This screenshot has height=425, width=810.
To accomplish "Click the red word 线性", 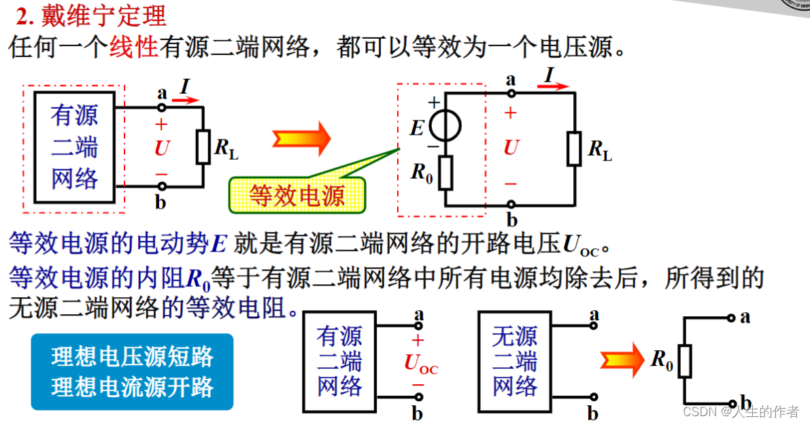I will tap(133, 48).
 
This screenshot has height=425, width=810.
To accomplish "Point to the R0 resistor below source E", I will tap(445, 172).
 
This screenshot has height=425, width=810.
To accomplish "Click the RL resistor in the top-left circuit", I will tap(203, 147).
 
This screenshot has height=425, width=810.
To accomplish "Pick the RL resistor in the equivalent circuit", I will tap(575, 149).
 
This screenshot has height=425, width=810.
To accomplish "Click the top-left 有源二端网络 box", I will tap(75, 147).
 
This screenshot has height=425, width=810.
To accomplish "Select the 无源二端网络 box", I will tap(515, 361).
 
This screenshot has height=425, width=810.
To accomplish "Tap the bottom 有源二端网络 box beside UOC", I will tap(339, 361).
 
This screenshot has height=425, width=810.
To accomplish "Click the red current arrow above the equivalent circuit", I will tap(558, 86).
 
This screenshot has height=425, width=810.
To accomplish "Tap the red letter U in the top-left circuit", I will tap(162, 148).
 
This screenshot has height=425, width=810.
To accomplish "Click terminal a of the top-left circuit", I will tap(162, 107).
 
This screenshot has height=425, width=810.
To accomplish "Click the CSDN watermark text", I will tap(741, 411).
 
